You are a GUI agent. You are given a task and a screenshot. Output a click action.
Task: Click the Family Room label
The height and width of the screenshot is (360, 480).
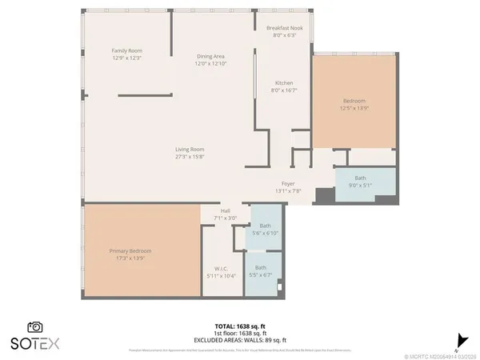(x=126, y=50)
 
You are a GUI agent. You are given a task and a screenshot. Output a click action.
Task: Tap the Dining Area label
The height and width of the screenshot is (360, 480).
(x=211, y=56)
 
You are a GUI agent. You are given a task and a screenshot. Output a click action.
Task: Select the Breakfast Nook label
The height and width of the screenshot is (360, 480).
(x=284, y=27)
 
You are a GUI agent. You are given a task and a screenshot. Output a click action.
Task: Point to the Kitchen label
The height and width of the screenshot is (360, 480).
(x=284, y=83)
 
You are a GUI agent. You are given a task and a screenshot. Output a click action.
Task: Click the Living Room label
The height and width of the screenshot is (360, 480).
(x=190, y=149)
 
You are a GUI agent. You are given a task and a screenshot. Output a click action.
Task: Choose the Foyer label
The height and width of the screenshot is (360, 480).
(x=287, y=184)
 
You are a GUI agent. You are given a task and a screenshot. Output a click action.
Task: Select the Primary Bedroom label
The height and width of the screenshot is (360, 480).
(x=130, y=250)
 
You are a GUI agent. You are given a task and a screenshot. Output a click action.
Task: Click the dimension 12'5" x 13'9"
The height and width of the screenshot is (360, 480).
(x=354, y=108)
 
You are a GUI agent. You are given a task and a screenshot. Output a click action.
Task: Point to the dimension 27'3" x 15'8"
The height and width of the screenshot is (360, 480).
(x=190, y=156)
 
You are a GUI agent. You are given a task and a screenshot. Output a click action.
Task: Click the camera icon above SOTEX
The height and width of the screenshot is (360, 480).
(x=35, y=326)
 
